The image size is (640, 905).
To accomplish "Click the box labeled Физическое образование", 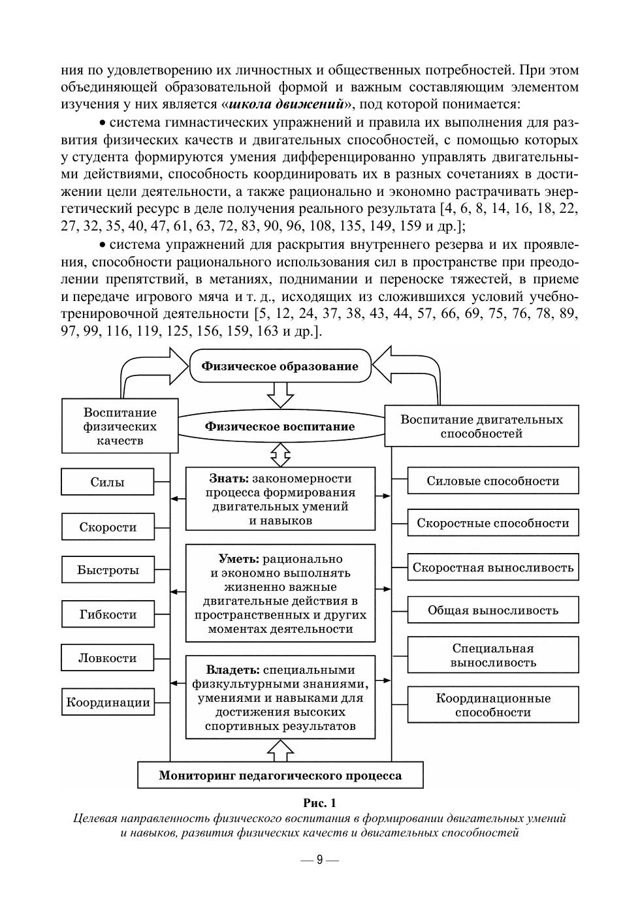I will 280,366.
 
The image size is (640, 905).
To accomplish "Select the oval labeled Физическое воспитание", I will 280,426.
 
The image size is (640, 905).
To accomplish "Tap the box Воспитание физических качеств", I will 120,426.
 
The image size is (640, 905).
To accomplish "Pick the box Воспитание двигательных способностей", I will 481,426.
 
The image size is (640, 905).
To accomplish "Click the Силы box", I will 108,482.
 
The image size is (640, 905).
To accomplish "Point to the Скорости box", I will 108,526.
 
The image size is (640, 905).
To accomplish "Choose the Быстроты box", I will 108,569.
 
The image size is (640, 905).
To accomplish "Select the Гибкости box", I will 108,614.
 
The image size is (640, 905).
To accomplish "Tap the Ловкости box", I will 108,658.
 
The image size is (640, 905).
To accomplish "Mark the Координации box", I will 108,703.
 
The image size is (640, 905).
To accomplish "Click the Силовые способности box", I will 493,481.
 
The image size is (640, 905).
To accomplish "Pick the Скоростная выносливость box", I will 493,567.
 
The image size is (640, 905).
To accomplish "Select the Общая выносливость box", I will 493,611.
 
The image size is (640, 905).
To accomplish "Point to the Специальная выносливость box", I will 493,655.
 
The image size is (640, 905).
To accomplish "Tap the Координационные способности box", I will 493,705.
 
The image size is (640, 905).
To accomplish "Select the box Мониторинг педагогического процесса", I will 280,776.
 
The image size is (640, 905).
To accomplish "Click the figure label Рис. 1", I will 319,802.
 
